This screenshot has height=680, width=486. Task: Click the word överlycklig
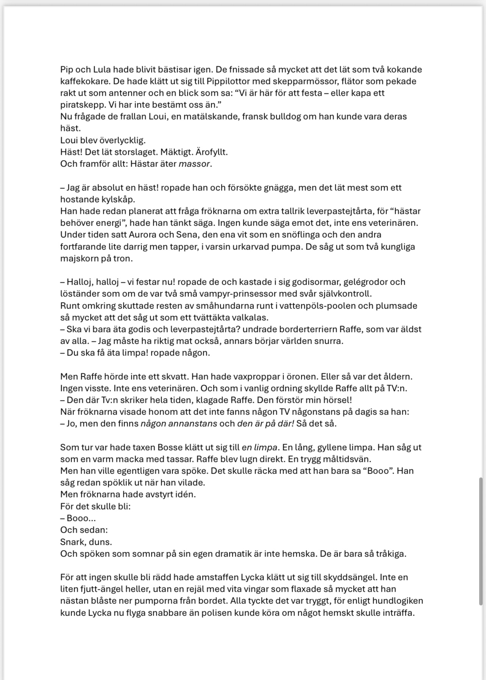click(122, 140)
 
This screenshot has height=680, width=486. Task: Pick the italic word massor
click(194, 164)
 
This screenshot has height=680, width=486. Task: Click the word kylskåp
click(116, 199)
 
